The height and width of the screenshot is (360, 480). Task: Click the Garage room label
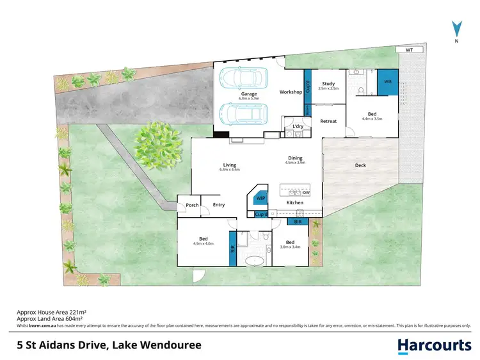[249, 94]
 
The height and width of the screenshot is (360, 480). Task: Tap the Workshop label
[291, 92]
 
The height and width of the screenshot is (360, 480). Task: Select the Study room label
[328, 83]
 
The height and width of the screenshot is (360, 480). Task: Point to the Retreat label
[328, 121]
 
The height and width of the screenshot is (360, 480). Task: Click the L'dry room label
[298, 127]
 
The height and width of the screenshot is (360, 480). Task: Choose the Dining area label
[294, 158]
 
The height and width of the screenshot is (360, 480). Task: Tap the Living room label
[230, 164]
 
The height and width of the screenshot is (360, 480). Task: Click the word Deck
[360, 165]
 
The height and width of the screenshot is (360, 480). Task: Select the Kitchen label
[294, 202]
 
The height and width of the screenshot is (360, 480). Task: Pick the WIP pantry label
[260, 199]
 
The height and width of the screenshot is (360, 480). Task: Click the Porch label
[192, 205]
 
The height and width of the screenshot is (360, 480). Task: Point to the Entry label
[219, 205]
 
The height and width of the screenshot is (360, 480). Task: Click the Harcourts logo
[434, 345]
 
